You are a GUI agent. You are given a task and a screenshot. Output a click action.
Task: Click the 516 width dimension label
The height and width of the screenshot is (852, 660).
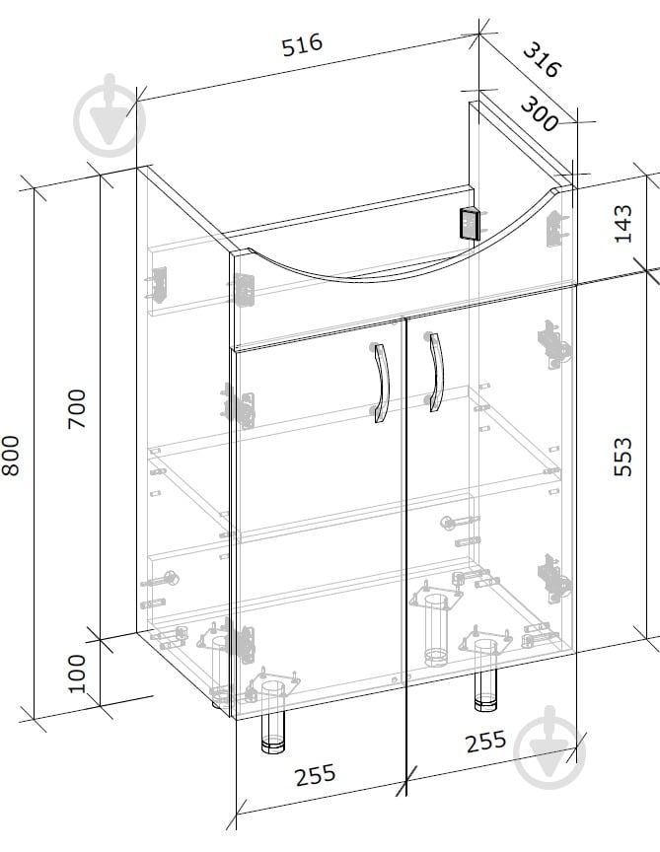tap(302, 44)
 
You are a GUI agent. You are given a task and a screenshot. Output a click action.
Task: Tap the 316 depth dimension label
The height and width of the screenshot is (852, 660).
tap(542, 60)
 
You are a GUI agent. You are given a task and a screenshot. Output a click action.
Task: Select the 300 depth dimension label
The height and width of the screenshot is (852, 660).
tap(540, 114)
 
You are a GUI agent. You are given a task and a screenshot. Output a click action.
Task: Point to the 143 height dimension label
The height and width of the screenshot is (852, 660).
tap(623, 224)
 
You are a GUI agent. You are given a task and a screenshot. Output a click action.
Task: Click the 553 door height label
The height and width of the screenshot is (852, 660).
tap(623, 457)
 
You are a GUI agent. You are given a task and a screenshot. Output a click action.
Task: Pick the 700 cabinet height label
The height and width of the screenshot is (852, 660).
tap(77, 408)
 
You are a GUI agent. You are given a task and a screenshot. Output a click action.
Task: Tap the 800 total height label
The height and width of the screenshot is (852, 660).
tap(10, 456)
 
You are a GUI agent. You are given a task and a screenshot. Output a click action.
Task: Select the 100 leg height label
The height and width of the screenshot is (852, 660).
tap(77, 674)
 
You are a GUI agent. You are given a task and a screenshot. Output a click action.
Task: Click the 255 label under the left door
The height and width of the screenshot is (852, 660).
tap(316, 775)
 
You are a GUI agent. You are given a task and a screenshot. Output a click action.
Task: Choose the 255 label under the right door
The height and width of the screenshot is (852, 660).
tap(485, 742)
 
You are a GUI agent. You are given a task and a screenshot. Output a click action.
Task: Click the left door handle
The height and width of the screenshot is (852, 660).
tap(381, 382)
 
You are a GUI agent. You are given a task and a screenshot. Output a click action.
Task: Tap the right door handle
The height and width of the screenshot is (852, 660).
tap(435, 372)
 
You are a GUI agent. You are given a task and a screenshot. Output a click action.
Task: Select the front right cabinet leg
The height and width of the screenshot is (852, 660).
tap(486, 674)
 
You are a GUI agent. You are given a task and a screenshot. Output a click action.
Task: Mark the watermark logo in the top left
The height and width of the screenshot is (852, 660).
tap(110, 116)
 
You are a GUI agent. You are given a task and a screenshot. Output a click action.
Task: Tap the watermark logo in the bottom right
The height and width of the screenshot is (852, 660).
tap(550, 747)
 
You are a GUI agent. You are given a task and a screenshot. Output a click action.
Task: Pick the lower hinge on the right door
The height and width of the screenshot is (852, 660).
tap(553, 578)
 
